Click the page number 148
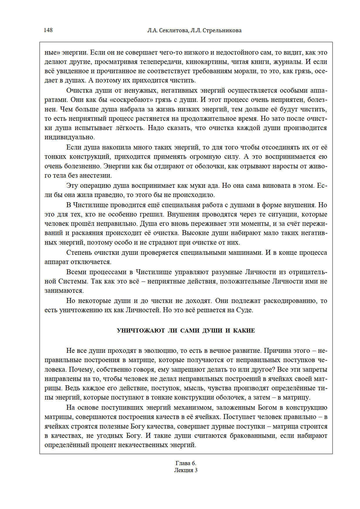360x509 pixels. pos(48,30)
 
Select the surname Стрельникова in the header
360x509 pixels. pos(222,31)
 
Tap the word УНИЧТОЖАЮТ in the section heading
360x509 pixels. pos(141,331)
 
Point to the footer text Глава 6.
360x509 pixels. pos(186,463)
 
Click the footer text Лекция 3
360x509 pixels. pos(186,470)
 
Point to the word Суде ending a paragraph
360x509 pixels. pos(244,310)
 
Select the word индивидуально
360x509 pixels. pos(69,137)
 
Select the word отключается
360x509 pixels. pos(91,262)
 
